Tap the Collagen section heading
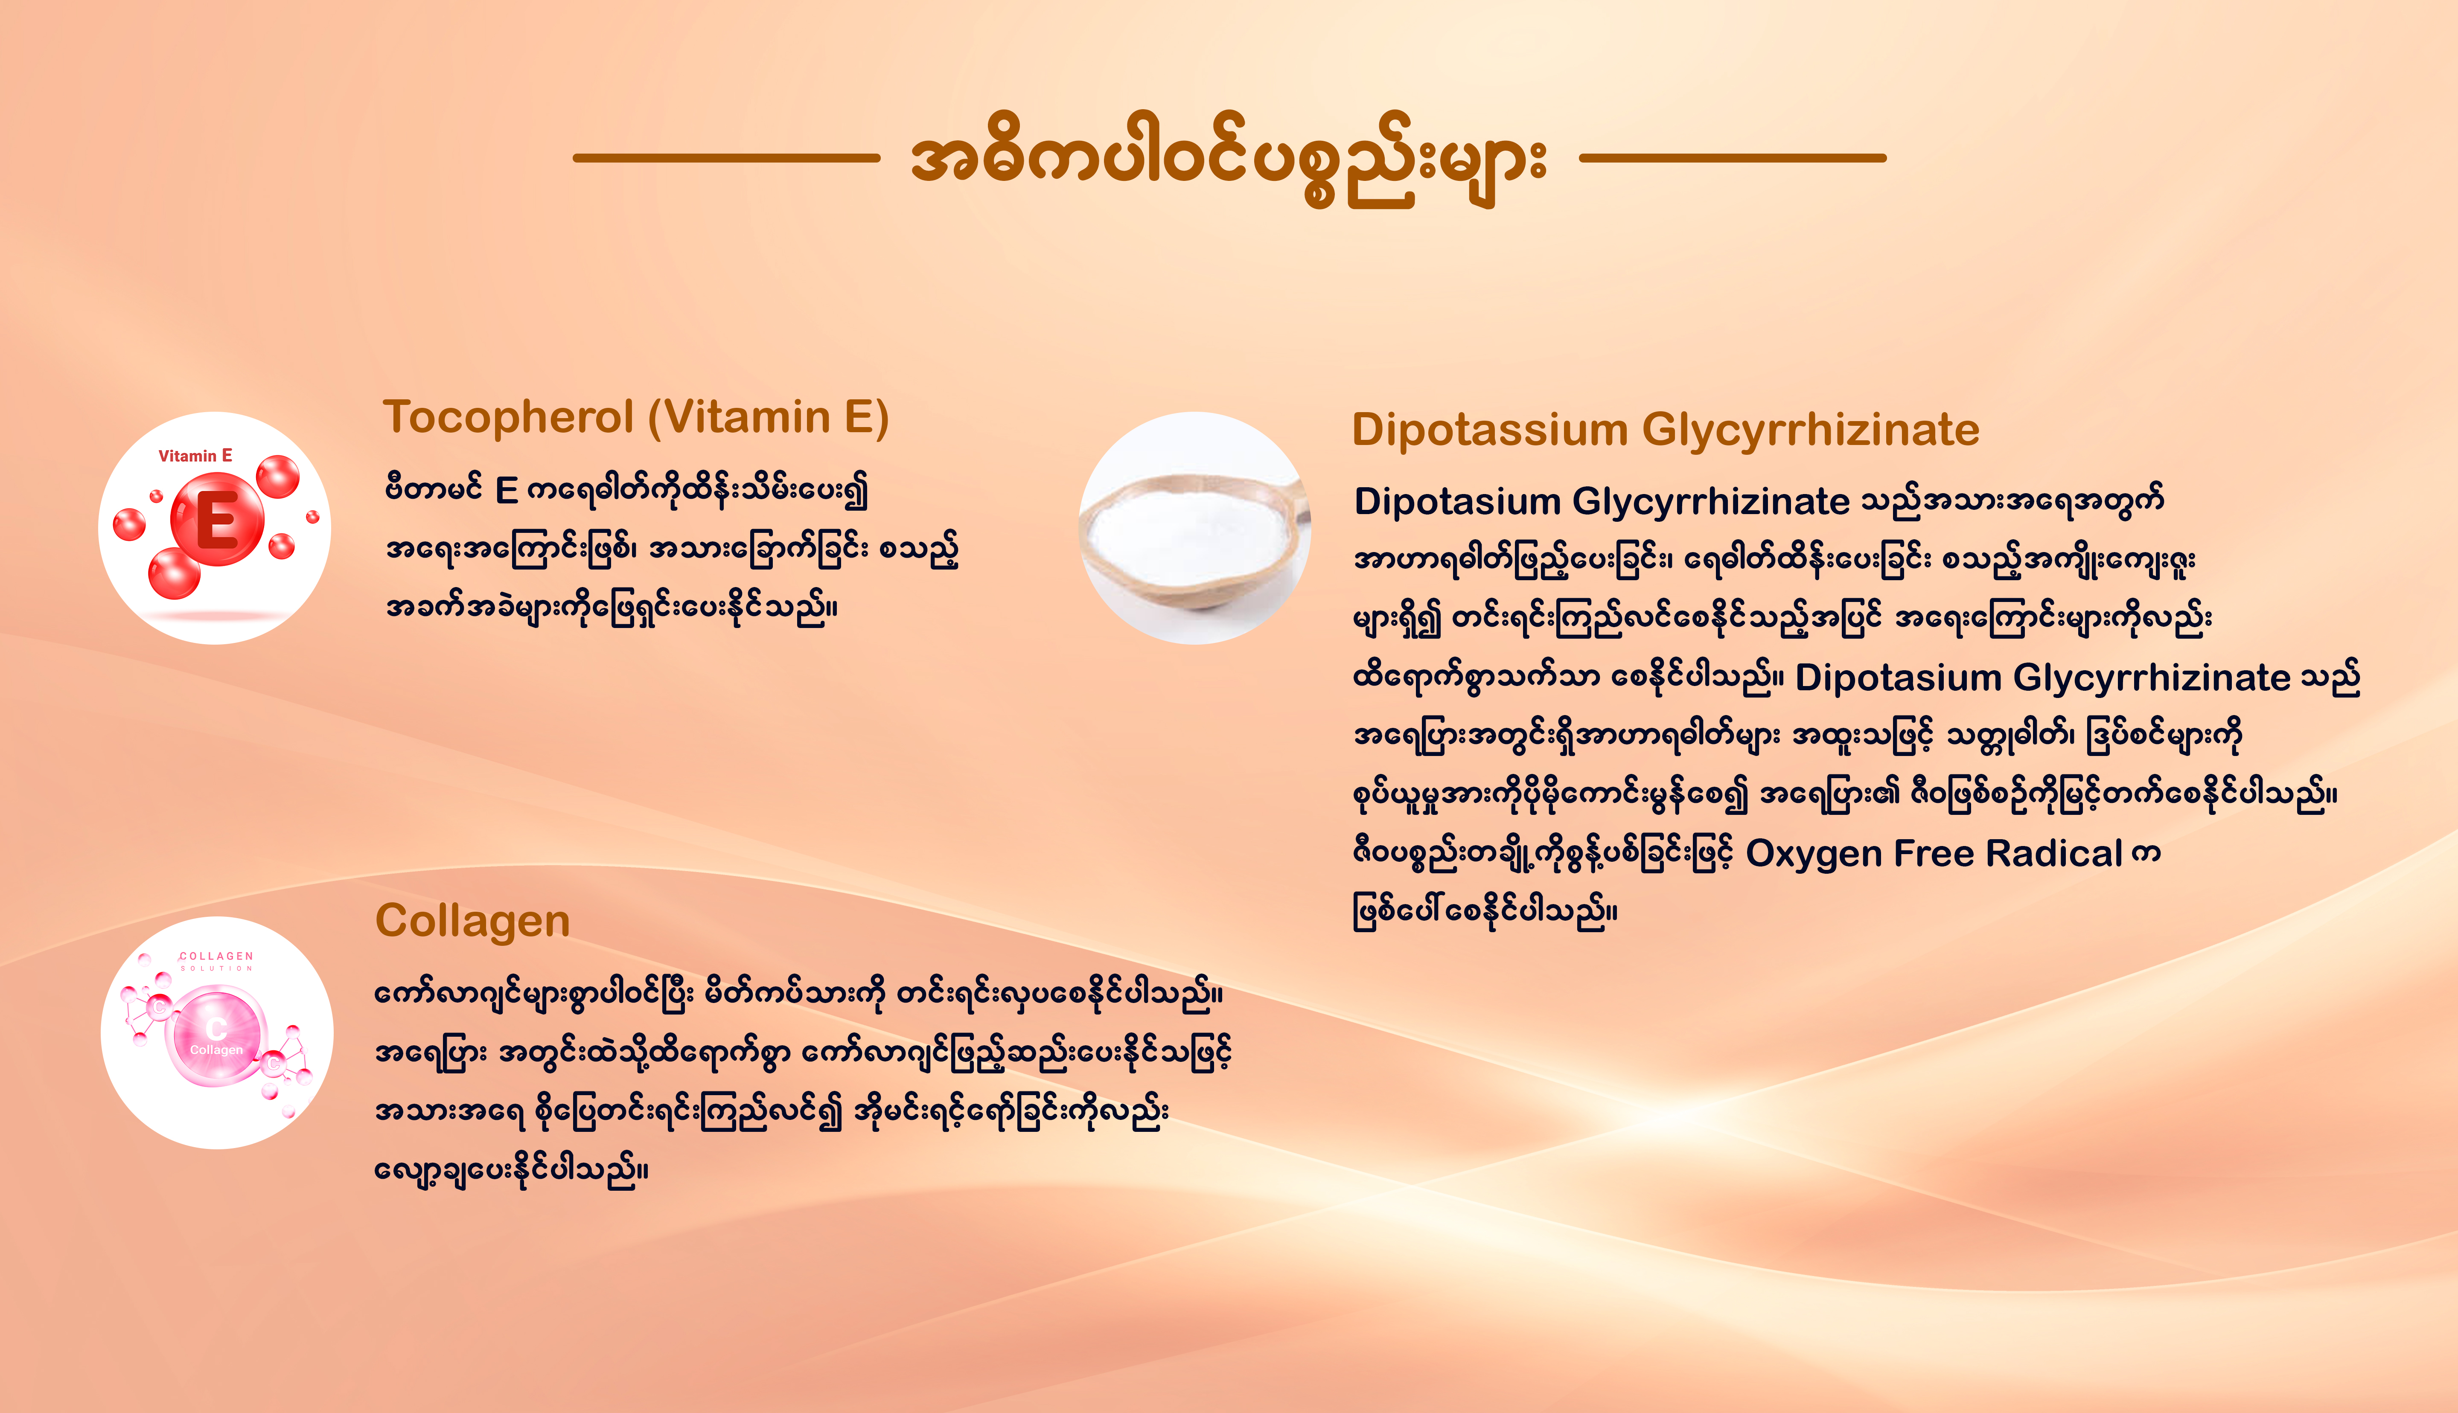click(472, 921)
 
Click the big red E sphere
click(217, 519)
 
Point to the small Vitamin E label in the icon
click(195, 455)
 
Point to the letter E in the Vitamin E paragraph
click(507, 491)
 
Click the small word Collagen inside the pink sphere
click(216, 1050)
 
